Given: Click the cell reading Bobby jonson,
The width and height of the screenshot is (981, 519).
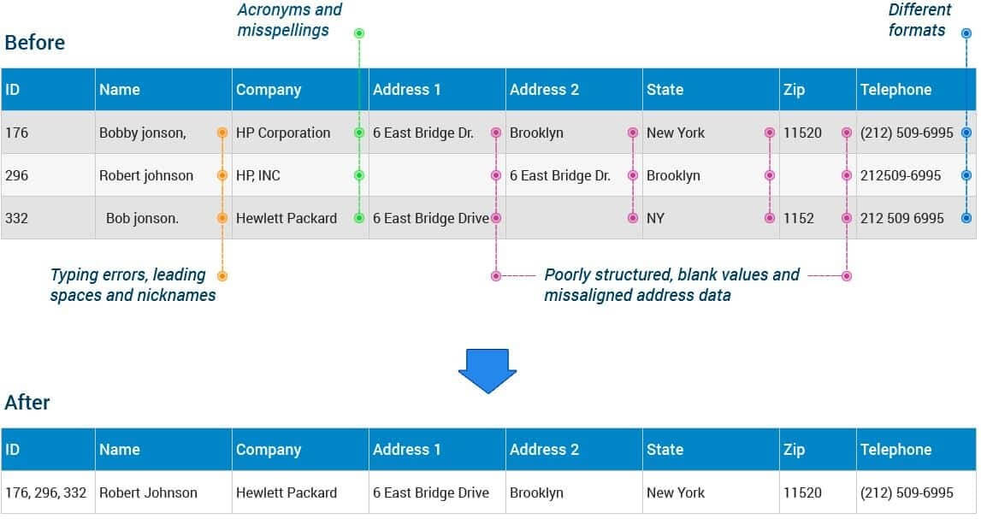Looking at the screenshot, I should (142, 133).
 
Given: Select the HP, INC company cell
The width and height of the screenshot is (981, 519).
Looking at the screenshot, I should (258, 175).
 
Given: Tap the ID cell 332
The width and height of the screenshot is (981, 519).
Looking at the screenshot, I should (17, 218).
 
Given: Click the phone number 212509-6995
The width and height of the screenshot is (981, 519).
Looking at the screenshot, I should (901, 175).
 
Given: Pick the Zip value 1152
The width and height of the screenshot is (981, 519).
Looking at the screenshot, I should (799, 218).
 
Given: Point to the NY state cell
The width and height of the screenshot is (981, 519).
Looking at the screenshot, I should (655, 218).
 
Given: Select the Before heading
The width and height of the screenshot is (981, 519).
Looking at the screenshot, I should (35, 43).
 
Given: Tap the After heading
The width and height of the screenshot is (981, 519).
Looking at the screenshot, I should (27, 402).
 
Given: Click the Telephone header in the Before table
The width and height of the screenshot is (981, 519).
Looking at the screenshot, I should (895, 90).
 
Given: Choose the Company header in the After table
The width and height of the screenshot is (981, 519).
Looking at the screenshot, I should (269, 450).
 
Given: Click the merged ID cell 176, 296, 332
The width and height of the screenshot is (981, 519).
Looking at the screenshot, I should (45, 492).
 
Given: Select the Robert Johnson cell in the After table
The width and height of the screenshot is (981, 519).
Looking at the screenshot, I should (148, 492).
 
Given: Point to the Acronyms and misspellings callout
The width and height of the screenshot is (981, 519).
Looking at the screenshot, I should (289, 21).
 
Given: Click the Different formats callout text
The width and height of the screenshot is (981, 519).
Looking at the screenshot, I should (919, 21).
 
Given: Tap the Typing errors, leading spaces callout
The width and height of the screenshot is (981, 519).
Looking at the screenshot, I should (132, 285).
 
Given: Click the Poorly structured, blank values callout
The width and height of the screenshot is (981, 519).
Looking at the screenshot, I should (671, 285).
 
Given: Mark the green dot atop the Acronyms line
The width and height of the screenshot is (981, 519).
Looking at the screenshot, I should (359, 33).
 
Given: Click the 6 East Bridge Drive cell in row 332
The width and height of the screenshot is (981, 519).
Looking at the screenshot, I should (430, 218).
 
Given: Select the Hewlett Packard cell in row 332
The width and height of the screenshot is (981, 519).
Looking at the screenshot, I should (287, 218).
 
